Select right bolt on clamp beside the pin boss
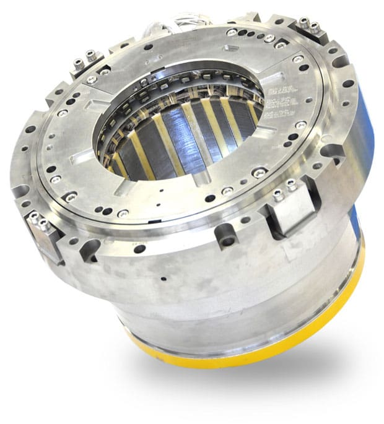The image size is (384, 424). [x=292, y=184]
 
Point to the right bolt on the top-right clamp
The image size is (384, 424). [x=315, y=27]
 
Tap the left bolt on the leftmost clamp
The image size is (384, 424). [x=34, y=217]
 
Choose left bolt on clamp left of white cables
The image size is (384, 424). [x=78, y=63]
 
